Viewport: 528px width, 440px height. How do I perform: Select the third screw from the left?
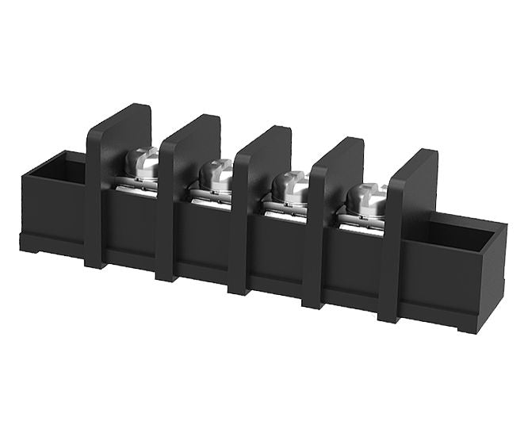(x=289, y=188)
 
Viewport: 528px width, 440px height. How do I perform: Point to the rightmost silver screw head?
(x=367, y=198)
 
